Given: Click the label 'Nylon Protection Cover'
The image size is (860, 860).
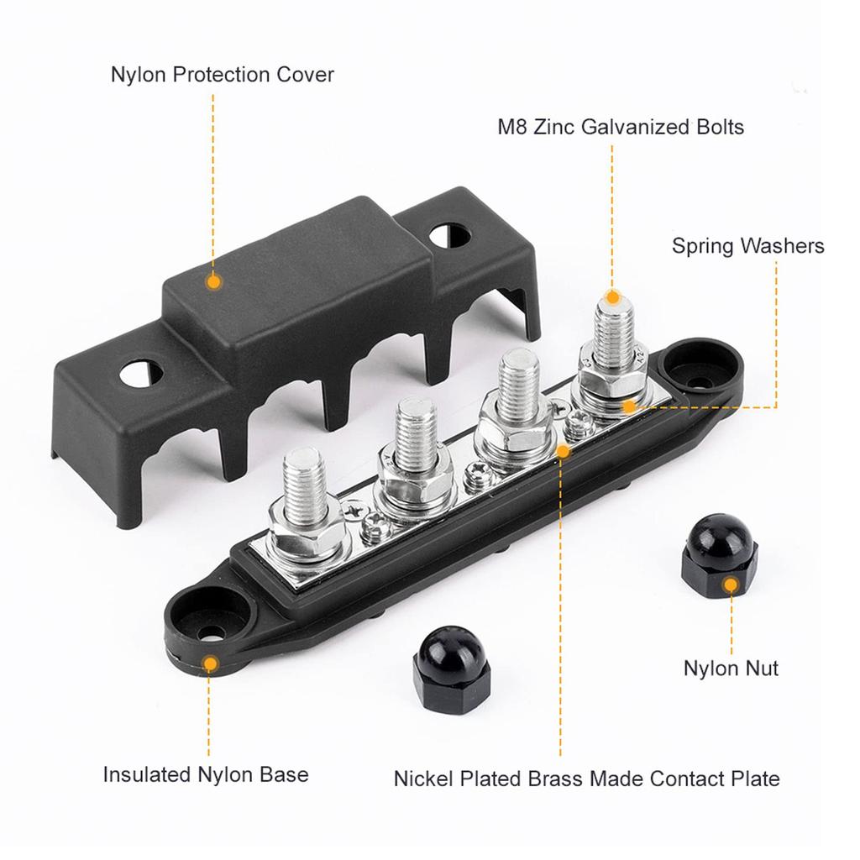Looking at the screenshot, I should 223,75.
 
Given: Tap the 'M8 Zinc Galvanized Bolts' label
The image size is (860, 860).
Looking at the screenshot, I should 621,128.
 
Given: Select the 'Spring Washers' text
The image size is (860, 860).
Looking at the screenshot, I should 747,246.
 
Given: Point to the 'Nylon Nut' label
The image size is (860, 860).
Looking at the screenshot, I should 731,669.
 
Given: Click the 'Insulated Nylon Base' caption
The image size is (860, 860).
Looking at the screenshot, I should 206,774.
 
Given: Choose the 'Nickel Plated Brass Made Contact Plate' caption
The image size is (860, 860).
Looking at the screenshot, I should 586,779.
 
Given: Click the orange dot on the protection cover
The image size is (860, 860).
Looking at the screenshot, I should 214,282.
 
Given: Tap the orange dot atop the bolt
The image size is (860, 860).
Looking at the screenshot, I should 613,297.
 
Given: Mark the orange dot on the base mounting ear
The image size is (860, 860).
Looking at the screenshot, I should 210,663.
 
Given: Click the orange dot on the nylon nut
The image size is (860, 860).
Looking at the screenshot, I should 731,585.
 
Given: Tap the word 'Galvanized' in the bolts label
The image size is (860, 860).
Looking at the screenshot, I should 632,128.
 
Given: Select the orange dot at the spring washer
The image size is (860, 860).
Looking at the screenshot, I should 627,407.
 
